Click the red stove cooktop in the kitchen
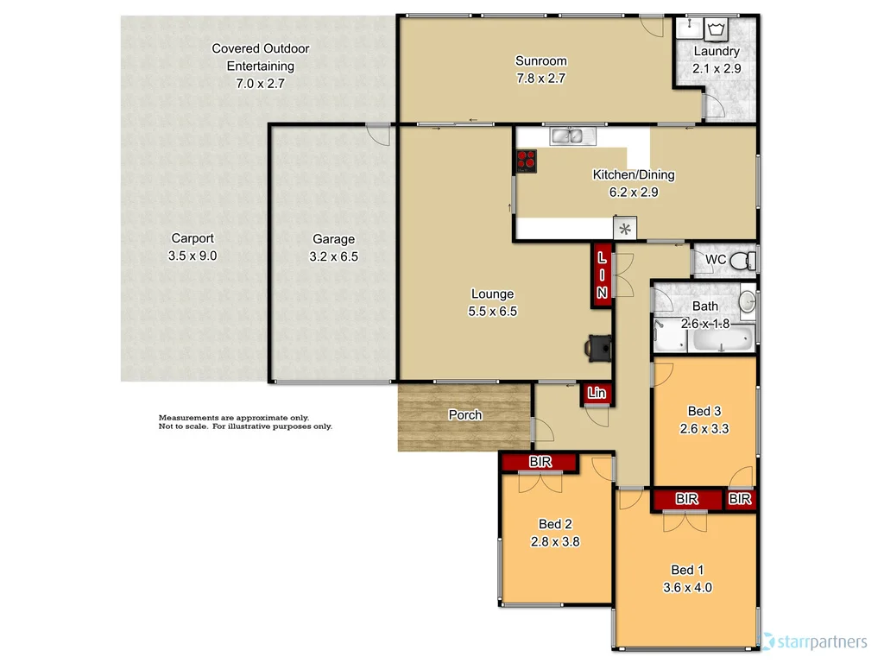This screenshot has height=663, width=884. pyautogui.click(x=527, y=159)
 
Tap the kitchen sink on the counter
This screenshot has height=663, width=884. pyautogui.click(x=570, y=136)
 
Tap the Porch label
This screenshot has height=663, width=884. pyautogui.click(x=465, y=415)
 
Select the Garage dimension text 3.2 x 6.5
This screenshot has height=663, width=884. pyautogui.click(x=333, y=256)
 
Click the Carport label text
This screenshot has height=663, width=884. pyautogui.click(x=193, y=238)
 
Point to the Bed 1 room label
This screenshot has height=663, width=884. pyautogui.click(x=688, y=570)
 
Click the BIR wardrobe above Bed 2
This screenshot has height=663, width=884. pyautogui.click(x=540, y=463)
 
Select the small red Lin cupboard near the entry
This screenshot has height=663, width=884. pyautogui.click(x=597, y=394)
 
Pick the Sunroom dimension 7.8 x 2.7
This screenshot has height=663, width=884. pyautogui.click(x=541, y=77)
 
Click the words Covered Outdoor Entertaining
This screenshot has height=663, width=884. pyautogui.click(x=260, y=57)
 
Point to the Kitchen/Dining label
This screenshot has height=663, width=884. pyautogui.click(x=633, y=175)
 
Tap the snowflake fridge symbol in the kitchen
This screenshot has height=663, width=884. pyautogui.click(x=625, y=229)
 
